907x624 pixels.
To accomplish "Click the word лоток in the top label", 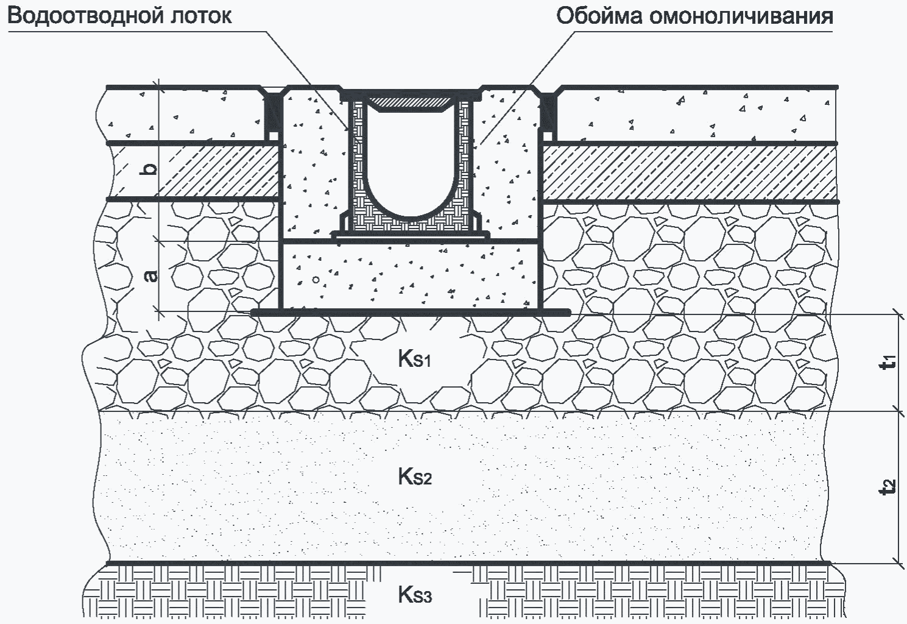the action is click(201, 16).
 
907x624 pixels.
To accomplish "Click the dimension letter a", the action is click(151, 276).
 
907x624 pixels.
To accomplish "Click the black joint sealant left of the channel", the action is click(272, 115).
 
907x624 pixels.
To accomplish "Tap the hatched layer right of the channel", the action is click(689, 172).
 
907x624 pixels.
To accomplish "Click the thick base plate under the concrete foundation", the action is click(411, 313).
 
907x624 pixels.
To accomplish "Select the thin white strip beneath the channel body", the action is click(411, 236).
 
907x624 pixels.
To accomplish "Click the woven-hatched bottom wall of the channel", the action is click(411, 225).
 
